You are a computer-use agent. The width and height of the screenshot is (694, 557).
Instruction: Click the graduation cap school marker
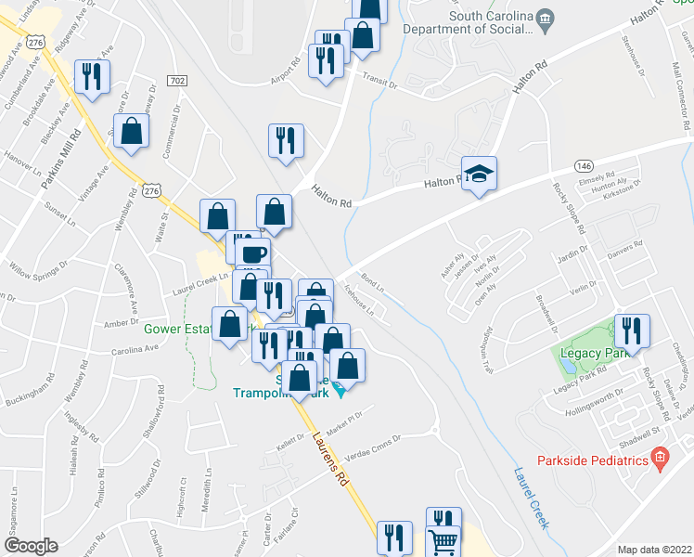click(479, 174)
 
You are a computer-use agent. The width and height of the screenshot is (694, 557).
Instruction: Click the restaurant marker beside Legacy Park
click(632, 330)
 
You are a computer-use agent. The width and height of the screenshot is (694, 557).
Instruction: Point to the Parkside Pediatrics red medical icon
click(660, 458)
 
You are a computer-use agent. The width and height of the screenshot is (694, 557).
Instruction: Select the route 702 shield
click(176, 83)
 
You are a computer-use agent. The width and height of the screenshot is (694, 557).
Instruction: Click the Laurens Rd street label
click(333, 459)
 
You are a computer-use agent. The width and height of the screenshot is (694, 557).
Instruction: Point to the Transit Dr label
click(379, 82)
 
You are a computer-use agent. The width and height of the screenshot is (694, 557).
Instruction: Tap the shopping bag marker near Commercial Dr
click(132, 131)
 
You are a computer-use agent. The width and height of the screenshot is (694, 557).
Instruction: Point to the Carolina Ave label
click(136, 349)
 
